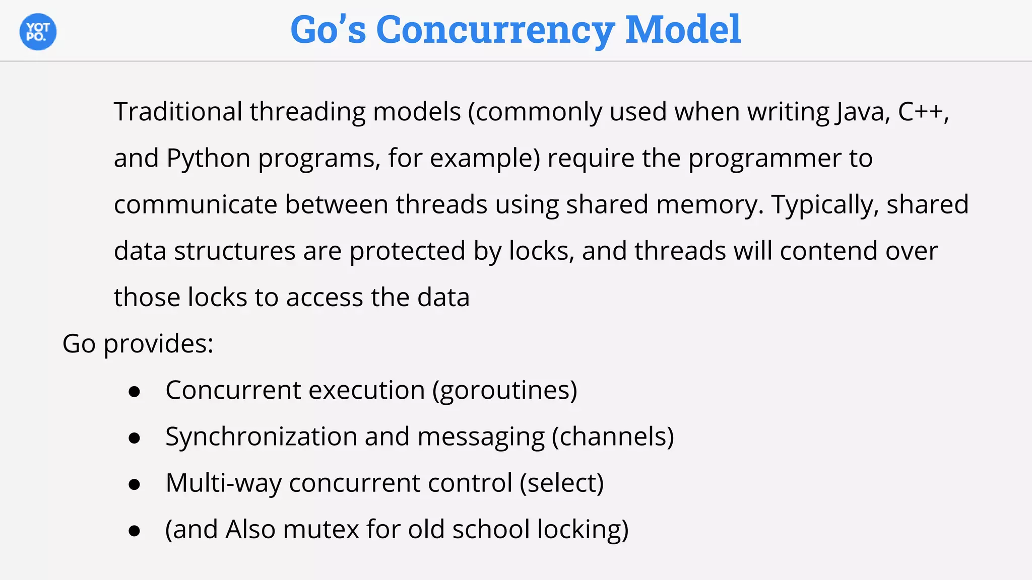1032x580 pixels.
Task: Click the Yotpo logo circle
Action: click(38, 32)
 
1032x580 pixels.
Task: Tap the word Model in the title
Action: click(683, 30)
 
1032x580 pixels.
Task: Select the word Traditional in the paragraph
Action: click(178, 111)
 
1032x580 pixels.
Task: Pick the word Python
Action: click(208, 159)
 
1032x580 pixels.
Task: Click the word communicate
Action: click(196, 204)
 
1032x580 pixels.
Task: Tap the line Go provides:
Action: click(138, 344)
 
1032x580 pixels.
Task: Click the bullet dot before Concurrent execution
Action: click(134, 392)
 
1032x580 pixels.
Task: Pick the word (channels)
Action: click(613, 437)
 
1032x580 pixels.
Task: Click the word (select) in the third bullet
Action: click(561, 483)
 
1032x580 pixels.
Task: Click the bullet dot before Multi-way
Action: click(134, 484)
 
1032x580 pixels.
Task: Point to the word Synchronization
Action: click(261, 437)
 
